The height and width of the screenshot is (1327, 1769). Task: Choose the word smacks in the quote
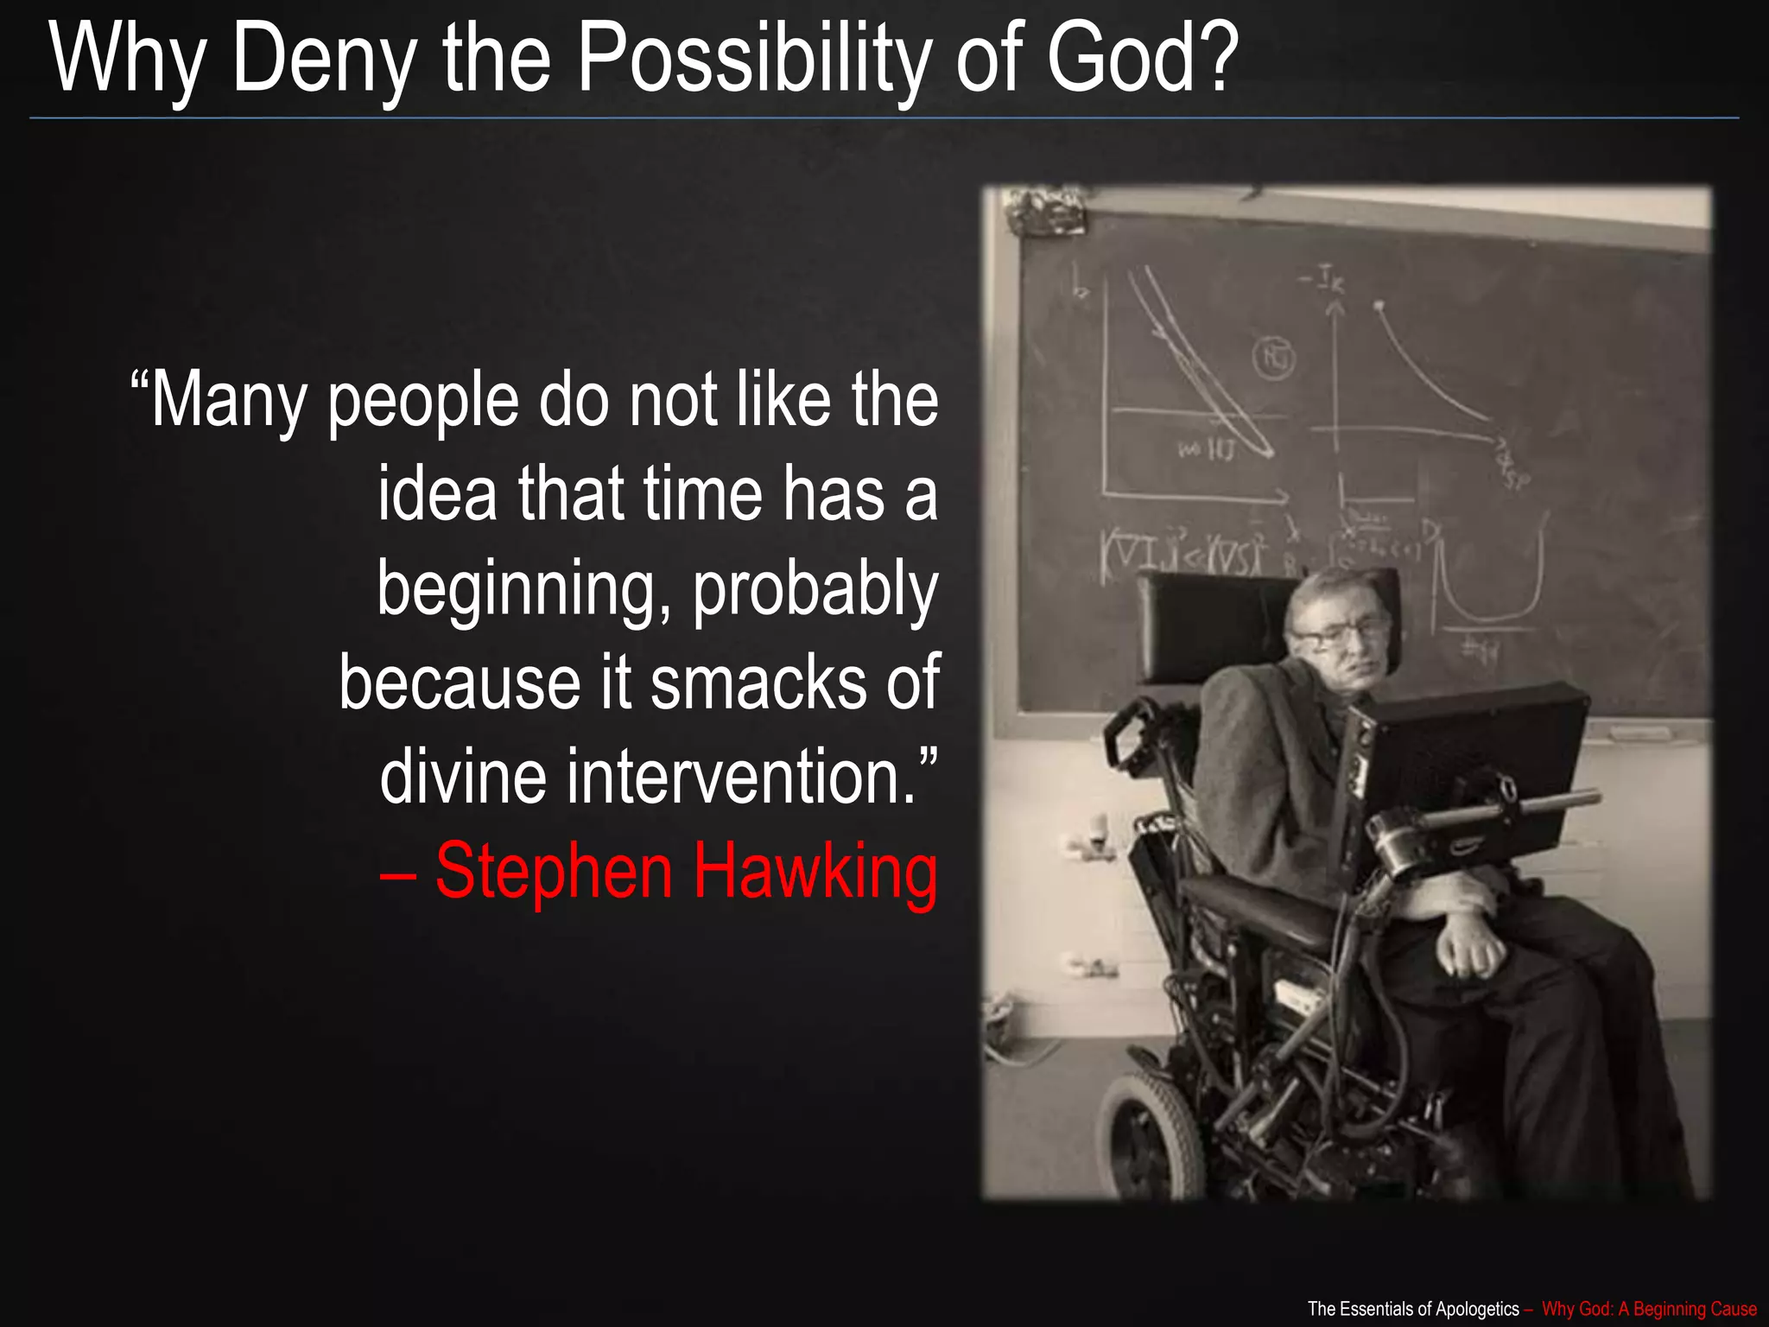[758, 683]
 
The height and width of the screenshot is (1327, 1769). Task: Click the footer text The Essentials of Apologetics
[1413, 1309]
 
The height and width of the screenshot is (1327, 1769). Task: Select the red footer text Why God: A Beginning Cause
[1649, 1309]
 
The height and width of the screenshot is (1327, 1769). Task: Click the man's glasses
[1335, 635]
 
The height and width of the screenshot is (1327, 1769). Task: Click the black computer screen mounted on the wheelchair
[1477, 760]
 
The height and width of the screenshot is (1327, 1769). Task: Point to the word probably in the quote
[815, 589]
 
